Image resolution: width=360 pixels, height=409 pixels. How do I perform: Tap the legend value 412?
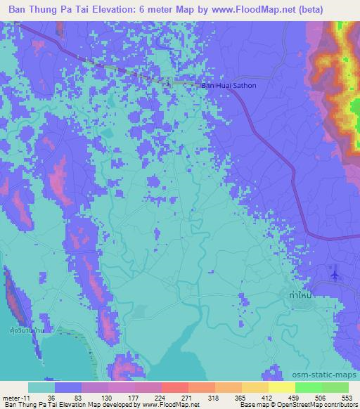pyautogui.click(x=267, y=397)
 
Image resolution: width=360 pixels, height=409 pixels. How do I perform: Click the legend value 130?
pyautogui.click(x=108, y=397)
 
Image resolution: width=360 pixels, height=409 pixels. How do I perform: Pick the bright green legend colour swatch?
pyautogui.click(x=309, y=387)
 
